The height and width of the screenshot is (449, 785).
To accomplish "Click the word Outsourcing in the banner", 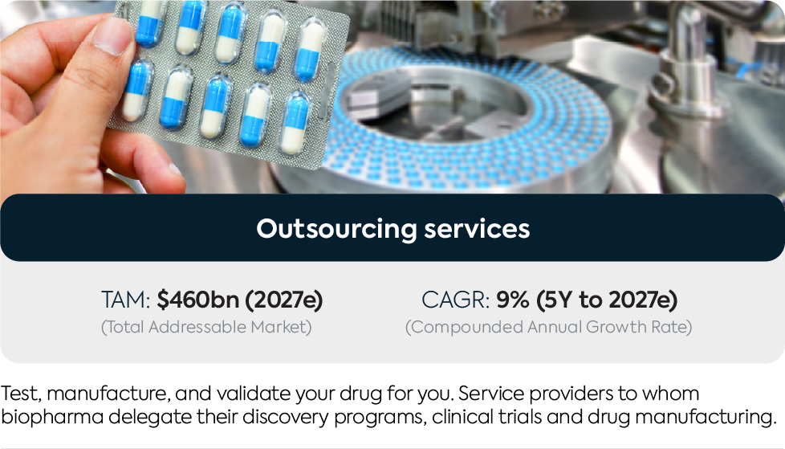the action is coord(336,229).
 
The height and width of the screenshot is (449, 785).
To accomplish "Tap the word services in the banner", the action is coord(477,228).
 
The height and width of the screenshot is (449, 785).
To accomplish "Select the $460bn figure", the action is coord(197,300).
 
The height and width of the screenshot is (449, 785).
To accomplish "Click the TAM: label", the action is coord(126,300).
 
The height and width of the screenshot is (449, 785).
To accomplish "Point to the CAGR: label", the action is coord(456,300).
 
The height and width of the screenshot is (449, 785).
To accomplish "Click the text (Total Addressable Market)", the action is coord(206,327).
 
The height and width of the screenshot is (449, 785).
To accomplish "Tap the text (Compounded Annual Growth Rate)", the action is coord(549,327).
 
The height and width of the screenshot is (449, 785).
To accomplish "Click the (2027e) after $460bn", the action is coord(284,300).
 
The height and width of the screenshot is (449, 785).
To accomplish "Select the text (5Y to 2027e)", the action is coord(607,300).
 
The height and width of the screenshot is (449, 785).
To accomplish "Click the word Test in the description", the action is coord(19,394).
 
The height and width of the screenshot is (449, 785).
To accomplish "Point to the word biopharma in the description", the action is coord(52,417).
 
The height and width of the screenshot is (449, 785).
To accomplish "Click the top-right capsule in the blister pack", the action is coord(310,50).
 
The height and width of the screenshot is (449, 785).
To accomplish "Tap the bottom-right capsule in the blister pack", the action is coord(295,123).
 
